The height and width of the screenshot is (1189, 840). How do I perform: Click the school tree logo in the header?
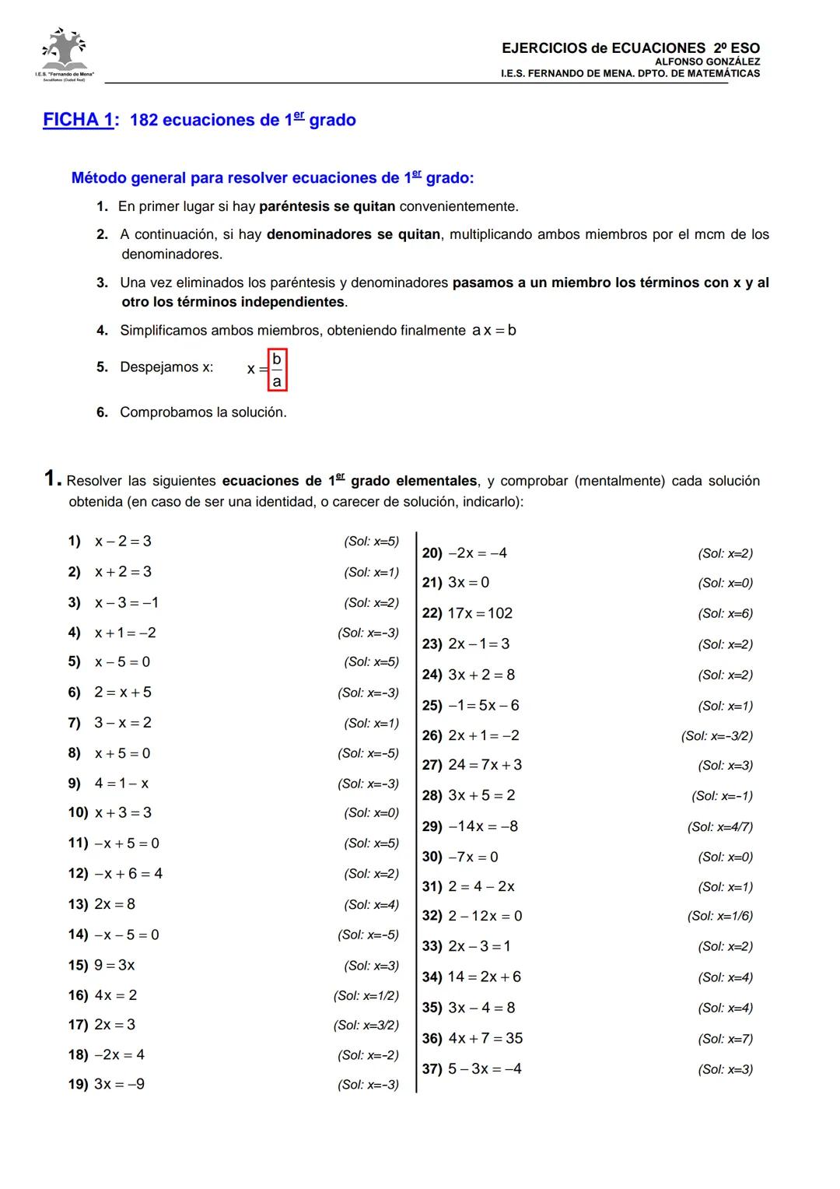click(x=64, y=52)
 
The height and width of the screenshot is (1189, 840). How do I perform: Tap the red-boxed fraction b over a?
click(x=277, y=370)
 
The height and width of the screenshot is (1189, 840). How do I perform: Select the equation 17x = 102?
click(x=480, y=613)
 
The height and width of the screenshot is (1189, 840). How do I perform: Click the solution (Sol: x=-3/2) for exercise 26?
click(x=716, y=735)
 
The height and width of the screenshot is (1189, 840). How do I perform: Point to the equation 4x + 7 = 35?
click(x=485, y=1038)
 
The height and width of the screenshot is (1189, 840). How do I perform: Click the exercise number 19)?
click(x=78, y=1084)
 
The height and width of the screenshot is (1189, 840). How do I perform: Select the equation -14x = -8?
click(x=483, y=826)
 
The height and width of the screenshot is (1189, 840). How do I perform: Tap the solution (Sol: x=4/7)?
click(x=719, y=826)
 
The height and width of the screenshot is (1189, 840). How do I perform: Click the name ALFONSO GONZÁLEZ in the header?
click(x=707, y=61)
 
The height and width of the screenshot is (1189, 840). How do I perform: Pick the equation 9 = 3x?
click(x=114, y=965)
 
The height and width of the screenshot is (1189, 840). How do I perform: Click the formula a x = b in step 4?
click(x=494, y=330)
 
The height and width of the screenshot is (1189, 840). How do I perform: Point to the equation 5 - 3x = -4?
click(x=485, y=1068)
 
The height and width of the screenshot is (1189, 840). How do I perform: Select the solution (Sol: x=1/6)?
click(x=719, y=916)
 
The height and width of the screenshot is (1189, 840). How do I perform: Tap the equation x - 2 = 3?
click(x=123, y=541)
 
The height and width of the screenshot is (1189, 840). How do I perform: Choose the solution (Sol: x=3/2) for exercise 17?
click(x=366, y=1025)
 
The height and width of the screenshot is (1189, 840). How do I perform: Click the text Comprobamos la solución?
click(x=203, y=412)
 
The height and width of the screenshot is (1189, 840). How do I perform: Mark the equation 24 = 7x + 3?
click(x=485, y=765)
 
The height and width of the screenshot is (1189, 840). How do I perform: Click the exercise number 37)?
click(x=432, y=1068)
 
